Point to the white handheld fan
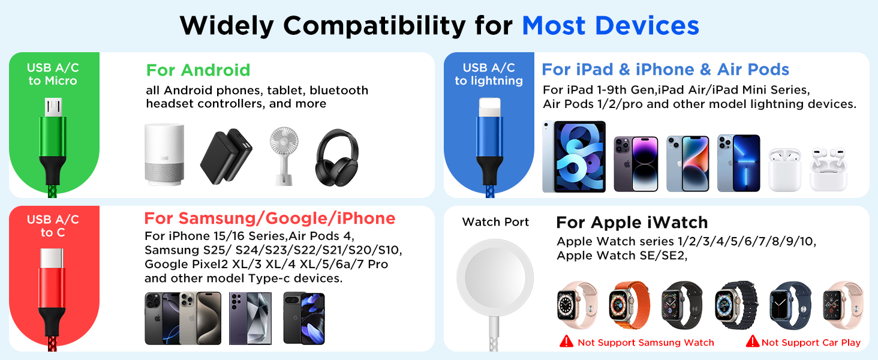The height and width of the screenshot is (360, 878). point(284,153)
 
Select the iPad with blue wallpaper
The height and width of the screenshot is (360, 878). point(573,157)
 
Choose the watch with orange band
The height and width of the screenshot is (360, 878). point(629,305)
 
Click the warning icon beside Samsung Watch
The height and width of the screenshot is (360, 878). point(566,342)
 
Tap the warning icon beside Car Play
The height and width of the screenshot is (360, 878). point(752,342)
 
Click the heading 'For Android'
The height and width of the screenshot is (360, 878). point(198,70)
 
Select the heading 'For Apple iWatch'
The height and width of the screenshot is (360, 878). point(632,223)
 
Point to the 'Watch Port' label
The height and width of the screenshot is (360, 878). point(495,222)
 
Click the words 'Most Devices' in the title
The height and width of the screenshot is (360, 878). point(611,26)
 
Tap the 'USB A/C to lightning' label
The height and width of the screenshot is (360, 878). point(489,74)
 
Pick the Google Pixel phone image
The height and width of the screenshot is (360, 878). point(304,318)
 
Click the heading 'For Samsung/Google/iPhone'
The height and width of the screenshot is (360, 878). point(270,218)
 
